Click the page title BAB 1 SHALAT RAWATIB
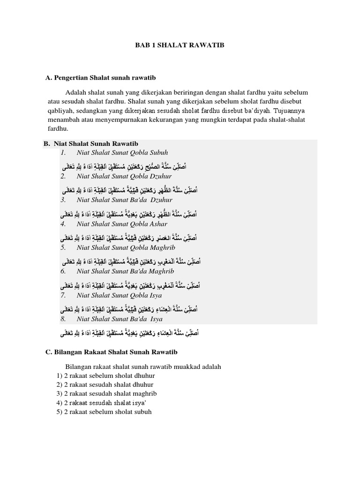[x=180, y=45]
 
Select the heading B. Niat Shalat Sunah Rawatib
[x=91, y=143]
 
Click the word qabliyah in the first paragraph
[x=61, y=110]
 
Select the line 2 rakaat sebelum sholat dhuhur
[x=106, y=375]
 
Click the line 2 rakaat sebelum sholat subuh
[x=105, y=412]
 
